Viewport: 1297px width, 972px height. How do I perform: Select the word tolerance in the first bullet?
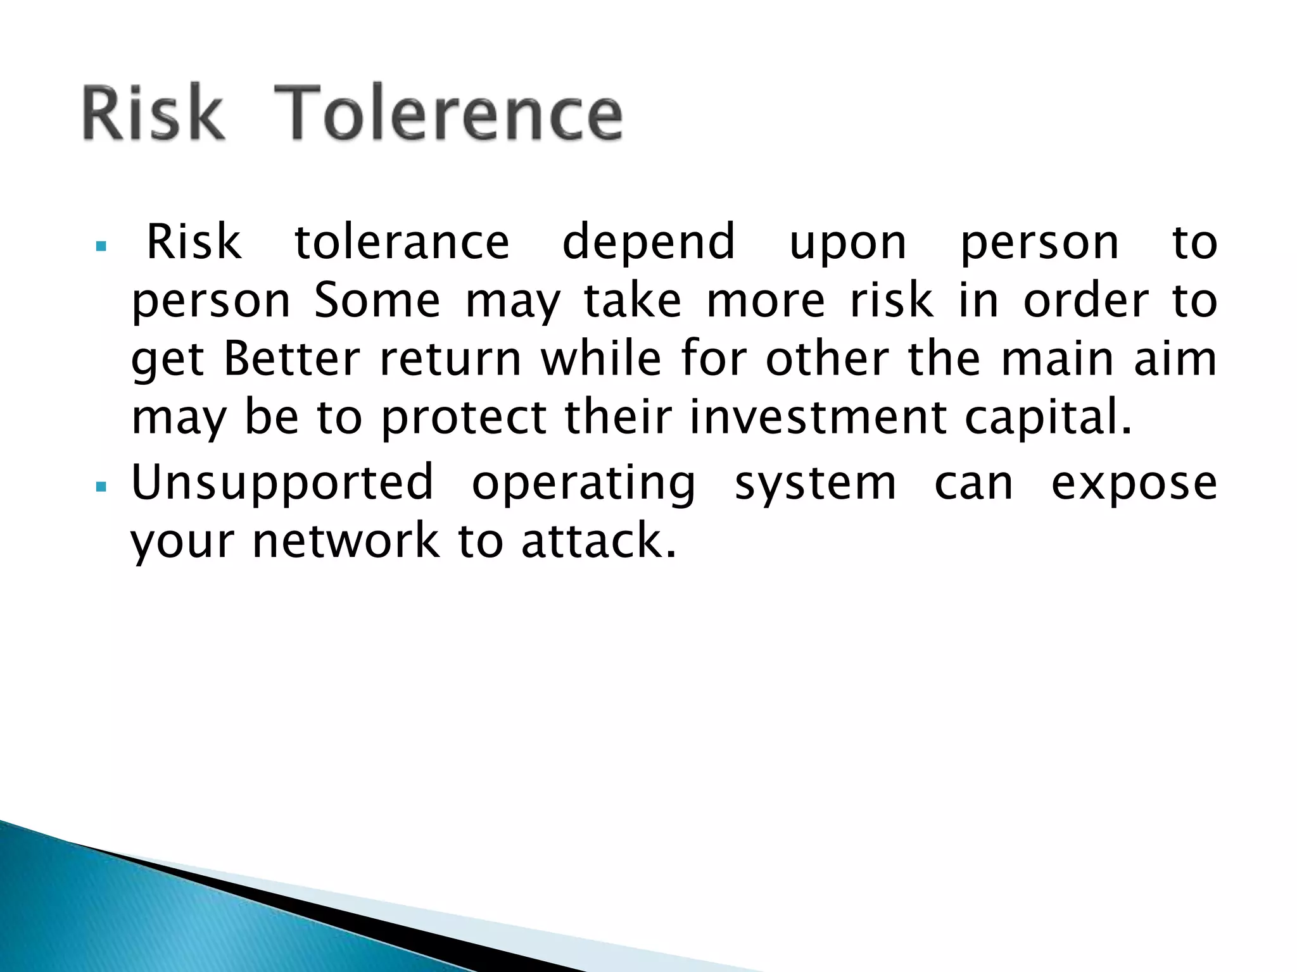[x=402, y=242]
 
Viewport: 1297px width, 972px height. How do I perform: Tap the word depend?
[x=648, y=244]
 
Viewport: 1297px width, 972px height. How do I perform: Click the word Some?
[x=377, y=301]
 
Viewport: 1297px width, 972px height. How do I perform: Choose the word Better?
[x=292, y=359]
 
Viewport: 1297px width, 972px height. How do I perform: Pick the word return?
[x=450, y=360]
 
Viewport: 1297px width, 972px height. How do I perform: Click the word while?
[x=601, y=359]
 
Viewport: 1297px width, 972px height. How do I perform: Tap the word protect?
[x=464, y=420]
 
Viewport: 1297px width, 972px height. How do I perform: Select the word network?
[x=346, y=542]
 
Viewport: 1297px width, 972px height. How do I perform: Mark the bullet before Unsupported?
[x=101, y=487]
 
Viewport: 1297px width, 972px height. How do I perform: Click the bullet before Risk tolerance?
[x=101, y=246]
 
